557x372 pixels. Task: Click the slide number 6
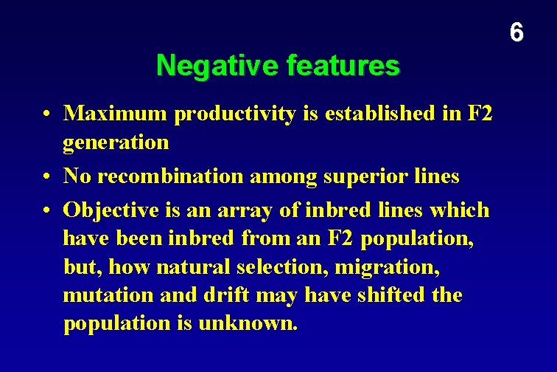(x=516, y=32)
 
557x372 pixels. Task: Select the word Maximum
(x=116, y=114)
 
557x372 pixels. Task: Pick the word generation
(x=116, y=142)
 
